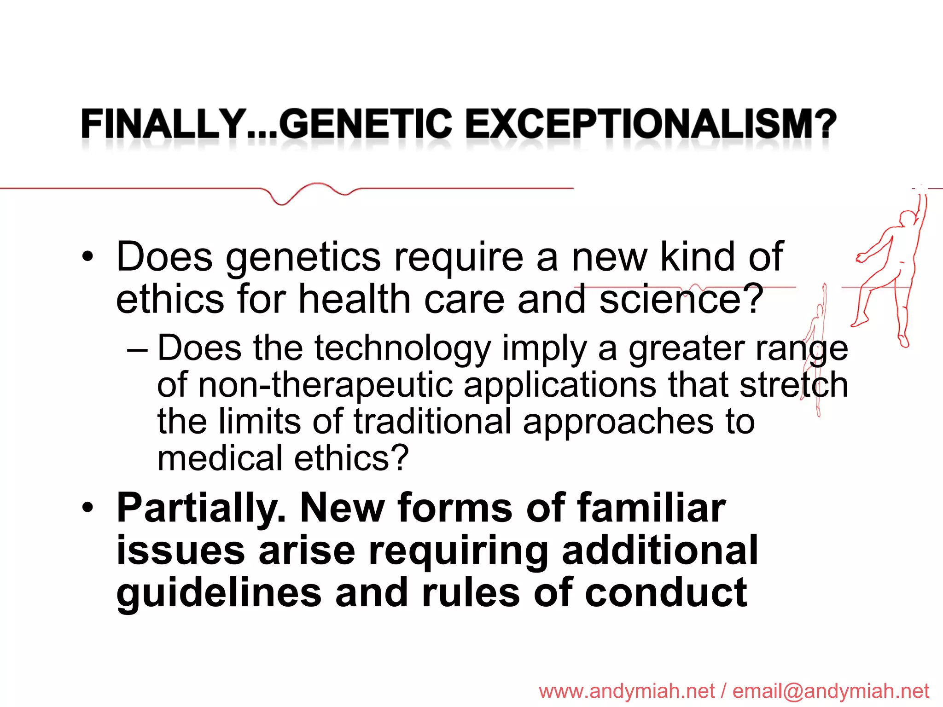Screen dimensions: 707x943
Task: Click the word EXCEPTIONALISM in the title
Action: tap(650, 124)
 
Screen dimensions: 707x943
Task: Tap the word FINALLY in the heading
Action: tap(163, 124)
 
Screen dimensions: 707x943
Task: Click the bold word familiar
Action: tap(652, 508)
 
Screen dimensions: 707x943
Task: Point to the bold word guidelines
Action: tap(219, 594)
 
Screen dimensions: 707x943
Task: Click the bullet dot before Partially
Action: tap(87, 508)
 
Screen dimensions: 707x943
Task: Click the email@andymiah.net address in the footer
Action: tap(831, 691)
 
